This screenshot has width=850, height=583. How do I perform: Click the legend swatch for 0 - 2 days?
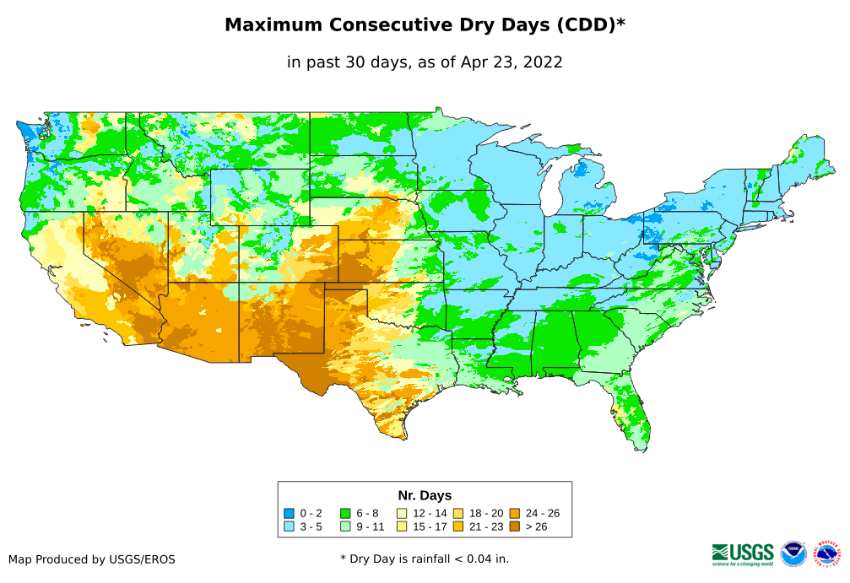tap(290, 513)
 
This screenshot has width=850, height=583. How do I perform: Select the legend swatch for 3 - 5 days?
tap(290, 526)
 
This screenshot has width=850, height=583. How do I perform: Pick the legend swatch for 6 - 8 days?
tap(345, 513)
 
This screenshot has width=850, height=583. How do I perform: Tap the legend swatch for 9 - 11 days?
tap(345, 526)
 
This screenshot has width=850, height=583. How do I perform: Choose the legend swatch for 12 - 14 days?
tap(402, 513)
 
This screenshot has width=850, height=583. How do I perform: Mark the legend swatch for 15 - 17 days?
tap(402, 526)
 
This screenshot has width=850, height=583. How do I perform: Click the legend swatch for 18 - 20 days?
tap(457, 513)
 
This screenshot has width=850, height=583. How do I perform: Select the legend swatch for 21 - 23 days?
tap(457, 526)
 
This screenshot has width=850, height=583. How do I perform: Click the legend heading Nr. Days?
tap(425, 495)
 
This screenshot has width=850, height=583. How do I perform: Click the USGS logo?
tap(743, 553)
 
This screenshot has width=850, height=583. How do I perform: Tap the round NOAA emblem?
tap(793, 553)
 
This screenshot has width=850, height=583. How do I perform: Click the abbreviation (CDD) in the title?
tap(582, 25)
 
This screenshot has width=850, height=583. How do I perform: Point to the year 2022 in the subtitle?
tap(542, 62)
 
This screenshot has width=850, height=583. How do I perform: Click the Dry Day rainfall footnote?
tap(425, 559)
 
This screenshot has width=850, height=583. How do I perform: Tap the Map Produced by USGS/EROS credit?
tap(92, 559)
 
